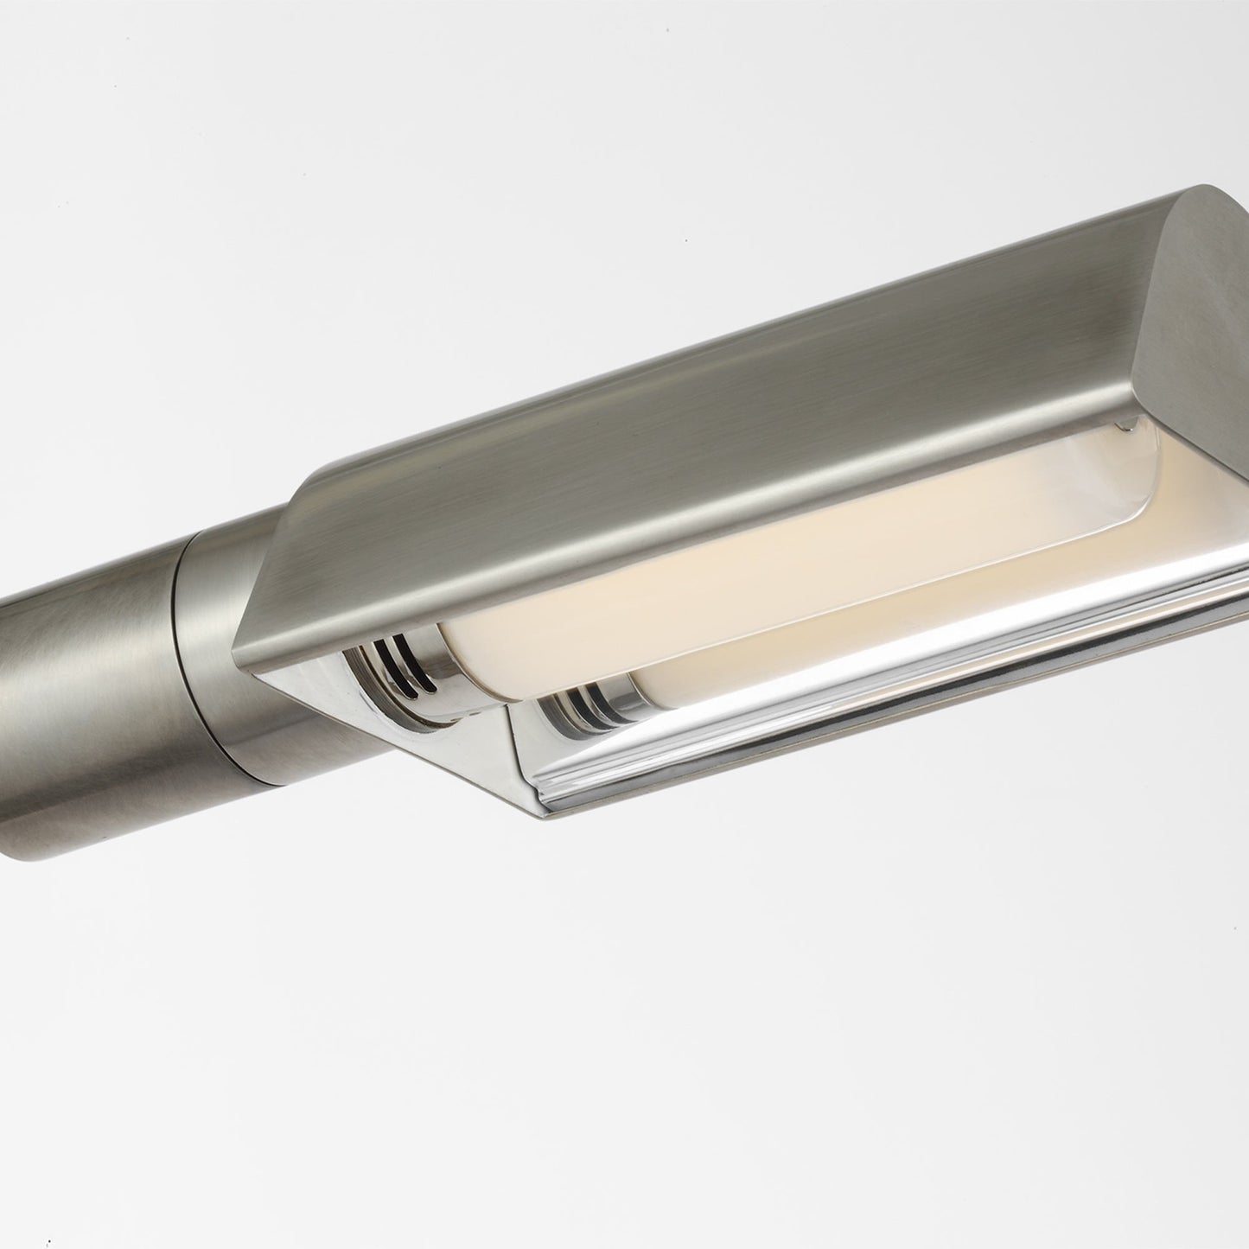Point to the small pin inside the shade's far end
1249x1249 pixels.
click(x=1125, y=423)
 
